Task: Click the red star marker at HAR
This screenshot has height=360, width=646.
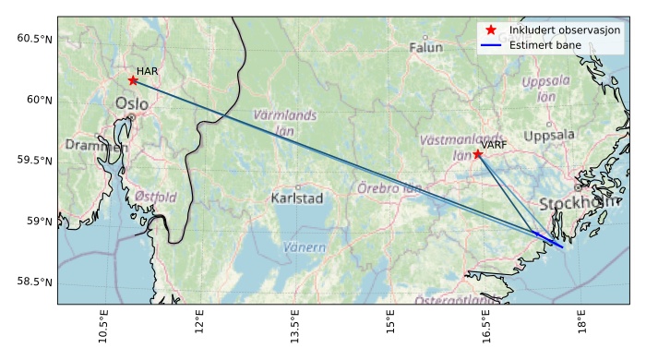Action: pyautogui.click(x=133, y=80)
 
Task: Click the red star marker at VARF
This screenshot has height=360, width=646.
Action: pyautogui.click(x=477, y=153)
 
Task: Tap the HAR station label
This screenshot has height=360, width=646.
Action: pyautogui.click(x=147, y=71)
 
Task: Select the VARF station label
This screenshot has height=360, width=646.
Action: pyautogui.click(x=494, y=145)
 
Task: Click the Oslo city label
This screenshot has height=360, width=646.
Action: pyautogui.click(x=131, y=103)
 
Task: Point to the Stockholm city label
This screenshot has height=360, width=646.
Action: pyautogui.click(x=578, y=203)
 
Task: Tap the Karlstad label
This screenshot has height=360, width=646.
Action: pyautogui.click(x=297, y=198)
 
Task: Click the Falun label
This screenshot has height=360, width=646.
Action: pyautogui.click(x=425, y=47)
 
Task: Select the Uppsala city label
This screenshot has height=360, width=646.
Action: pyautogui.click(x=549, y=136)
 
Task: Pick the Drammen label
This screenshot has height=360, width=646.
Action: pyautogui.click(x=96, y=146)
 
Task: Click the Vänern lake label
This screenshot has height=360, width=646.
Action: pyautogui.click(x=305, y=247)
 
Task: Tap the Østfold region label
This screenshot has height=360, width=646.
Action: pyautogui.click(x=155, y=197)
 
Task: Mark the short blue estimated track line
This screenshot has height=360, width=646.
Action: pyautogui.click(x=549, y=240)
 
